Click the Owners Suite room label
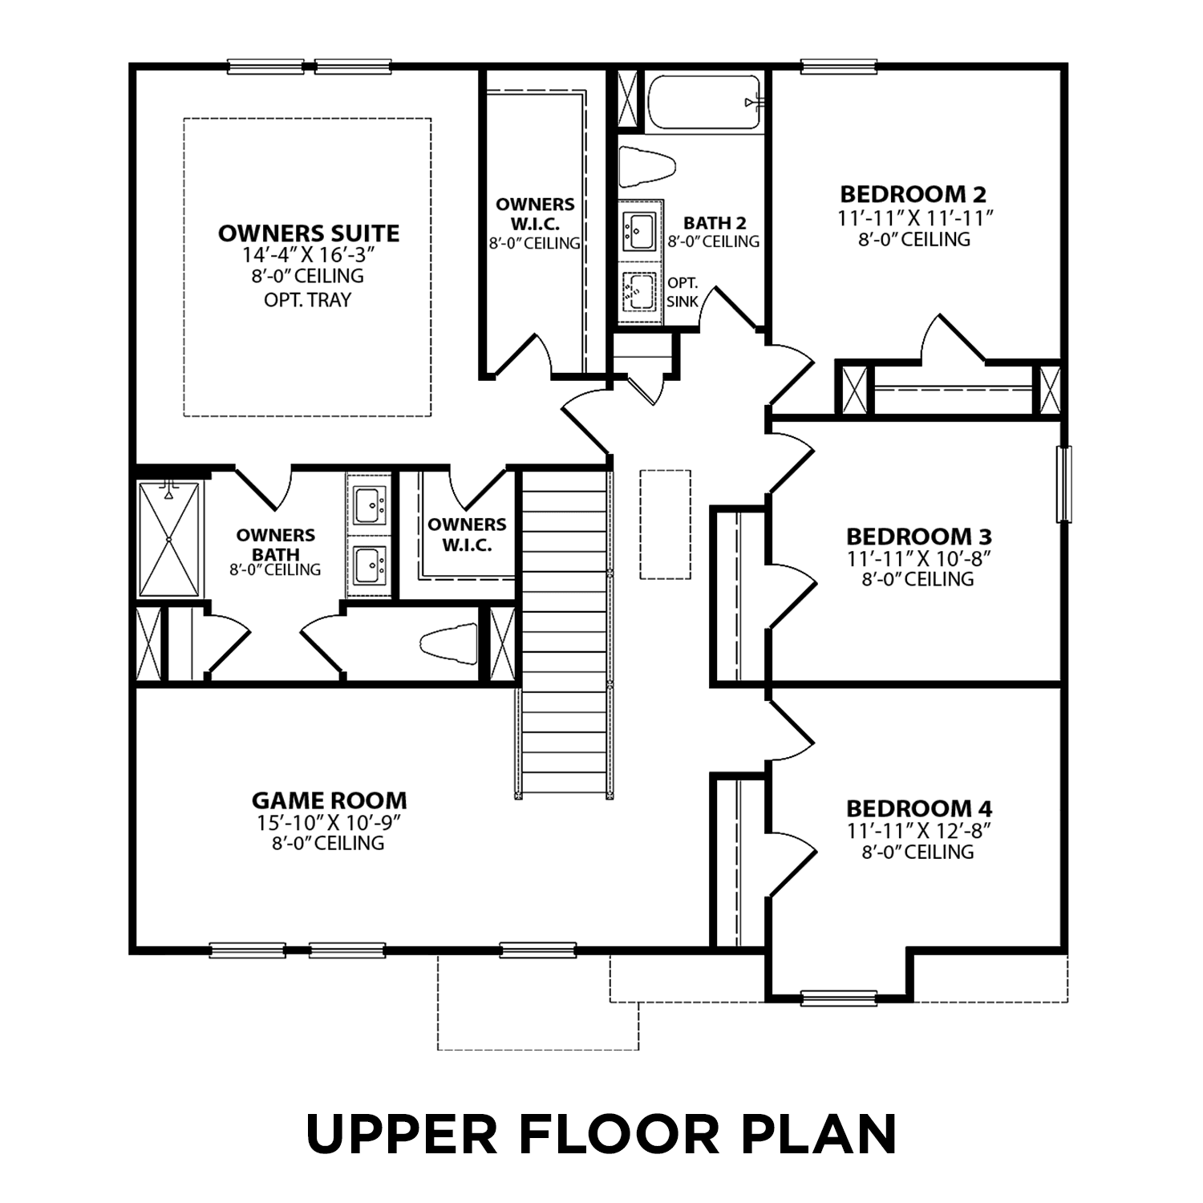pyautogui.click(x=309, y=233)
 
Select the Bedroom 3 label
pyautogui.click(x=918, y=536)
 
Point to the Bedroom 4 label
pyautogui.click(x=918, y=808)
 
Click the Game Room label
pyautogui.click(x=329, y=800)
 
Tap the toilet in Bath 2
pyautogui.click(x=647, y=168)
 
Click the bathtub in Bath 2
pyautogui.click(x=703, y=102)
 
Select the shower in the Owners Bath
pyautogui.click(x=169, y=539)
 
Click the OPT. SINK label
pyautogui.click(x=683, y=293)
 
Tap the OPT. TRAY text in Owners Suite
pyautogui.click(x=308, y=300)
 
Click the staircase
pyautogui.click(x=564, y=634)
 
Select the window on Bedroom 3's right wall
pyautogui.click(x=1063, y=484)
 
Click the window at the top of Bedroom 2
pyautogui.click(x=838, y=67)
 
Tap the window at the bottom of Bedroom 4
pyautogui.click(x=838, y=998)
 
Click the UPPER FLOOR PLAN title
pyautogui.click(x=601, y=1134)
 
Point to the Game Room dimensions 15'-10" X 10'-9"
pyautogui.click(x=328, y=823)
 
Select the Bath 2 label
pyautogui.click(x=715, y=223)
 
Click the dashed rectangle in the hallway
pyautogui.click(x=665, y=525)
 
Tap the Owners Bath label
pyautogui.click(x=275, y=545)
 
